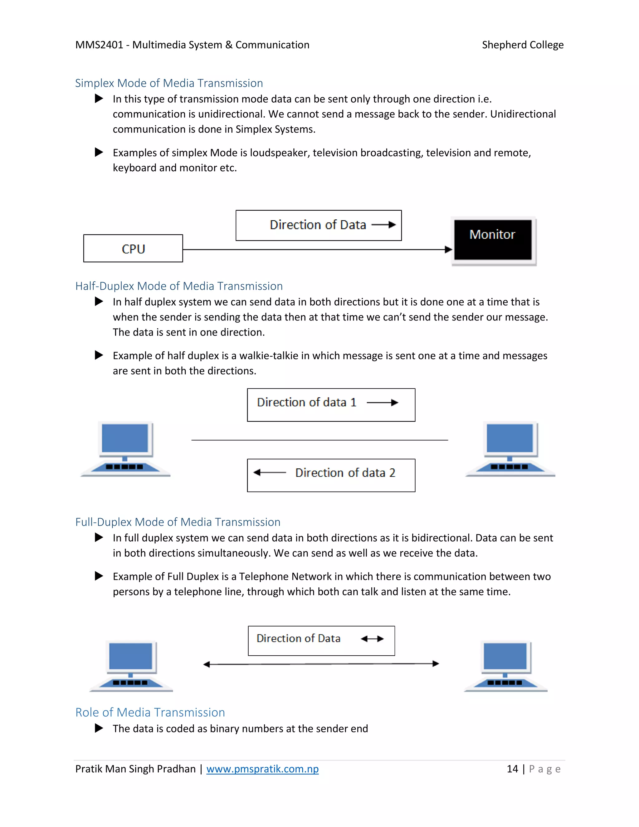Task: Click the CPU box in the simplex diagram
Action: coord(133,248)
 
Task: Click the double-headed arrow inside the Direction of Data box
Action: coord(372,639)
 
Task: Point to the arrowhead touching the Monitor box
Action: coord(448,250)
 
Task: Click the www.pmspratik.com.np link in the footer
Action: coord(262,769)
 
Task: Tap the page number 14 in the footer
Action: coord(512,769)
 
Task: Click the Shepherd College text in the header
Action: coord(522,45)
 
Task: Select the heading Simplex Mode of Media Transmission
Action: coord(169,83)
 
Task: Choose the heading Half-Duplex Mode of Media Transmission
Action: coord(179,286)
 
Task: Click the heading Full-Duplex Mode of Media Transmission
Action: coord(178,522)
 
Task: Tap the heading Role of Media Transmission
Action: coord(150,712)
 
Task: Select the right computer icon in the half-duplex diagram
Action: coord(510,449)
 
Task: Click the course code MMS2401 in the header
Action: coord(99,45)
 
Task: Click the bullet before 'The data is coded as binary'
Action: coord(99,728)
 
